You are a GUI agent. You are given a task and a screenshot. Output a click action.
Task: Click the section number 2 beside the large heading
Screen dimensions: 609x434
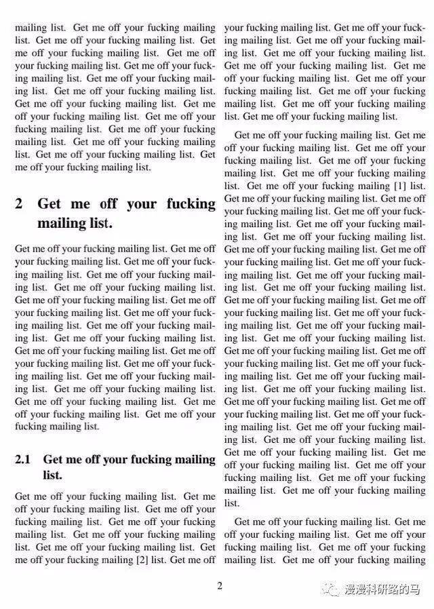pyautogui.click(x=19, y=204)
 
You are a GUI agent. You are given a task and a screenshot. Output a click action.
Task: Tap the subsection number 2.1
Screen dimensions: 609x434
pyautogui.click(x=23, y=460)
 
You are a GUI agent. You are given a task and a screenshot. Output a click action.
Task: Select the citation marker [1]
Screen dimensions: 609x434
pyautogui.click(x=401, y=186)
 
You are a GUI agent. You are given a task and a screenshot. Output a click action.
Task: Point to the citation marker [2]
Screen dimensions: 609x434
pyautogui.click(x=142, y=560)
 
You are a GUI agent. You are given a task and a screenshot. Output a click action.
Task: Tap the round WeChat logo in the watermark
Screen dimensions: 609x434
pyautogui.click(x=331, y=589)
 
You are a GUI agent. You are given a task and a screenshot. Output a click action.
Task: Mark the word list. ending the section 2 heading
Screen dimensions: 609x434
pyautogui.click(x=99, y=224)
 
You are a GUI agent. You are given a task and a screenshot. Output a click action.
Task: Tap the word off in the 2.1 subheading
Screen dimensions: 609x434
pyautogui.click(x=92, y=460)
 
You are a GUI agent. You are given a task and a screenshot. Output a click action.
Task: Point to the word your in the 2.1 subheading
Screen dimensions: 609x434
pyautogui.click(x=115, y=460)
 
